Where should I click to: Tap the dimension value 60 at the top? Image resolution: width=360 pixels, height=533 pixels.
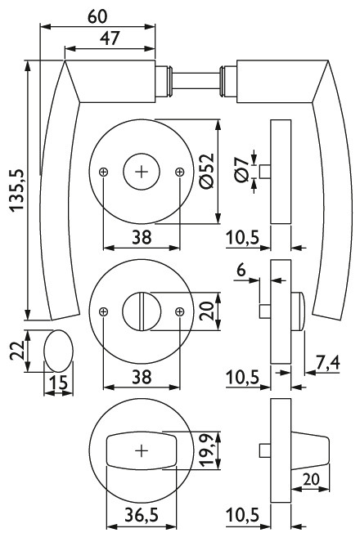pyautogui.click(x=97, y=16)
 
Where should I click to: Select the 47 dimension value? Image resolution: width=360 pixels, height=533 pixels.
pyautogui.click(x=110, y=38)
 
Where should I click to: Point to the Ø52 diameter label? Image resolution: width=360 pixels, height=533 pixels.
pyautogui.click(x=207, y=171)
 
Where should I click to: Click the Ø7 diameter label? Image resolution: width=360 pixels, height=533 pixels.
pyautogui.click(x=241, y=170)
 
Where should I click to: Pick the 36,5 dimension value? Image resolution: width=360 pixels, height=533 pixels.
pyautogui.click(x=142, y=515)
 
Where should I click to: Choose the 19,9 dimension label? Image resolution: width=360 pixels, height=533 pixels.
pyautogui.click(x=207, y=450)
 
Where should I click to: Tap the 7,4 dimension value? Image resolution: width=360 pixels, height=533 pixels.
pyautogui.click(x=327, y=364)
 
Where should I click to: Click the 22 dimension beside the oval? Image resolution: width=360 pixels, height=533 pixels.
pyautogui.click(x=17, y=351)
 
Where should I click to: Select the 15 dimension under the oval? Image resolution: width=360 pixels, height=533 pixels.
pyautogui.click(x=59, y=383)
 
